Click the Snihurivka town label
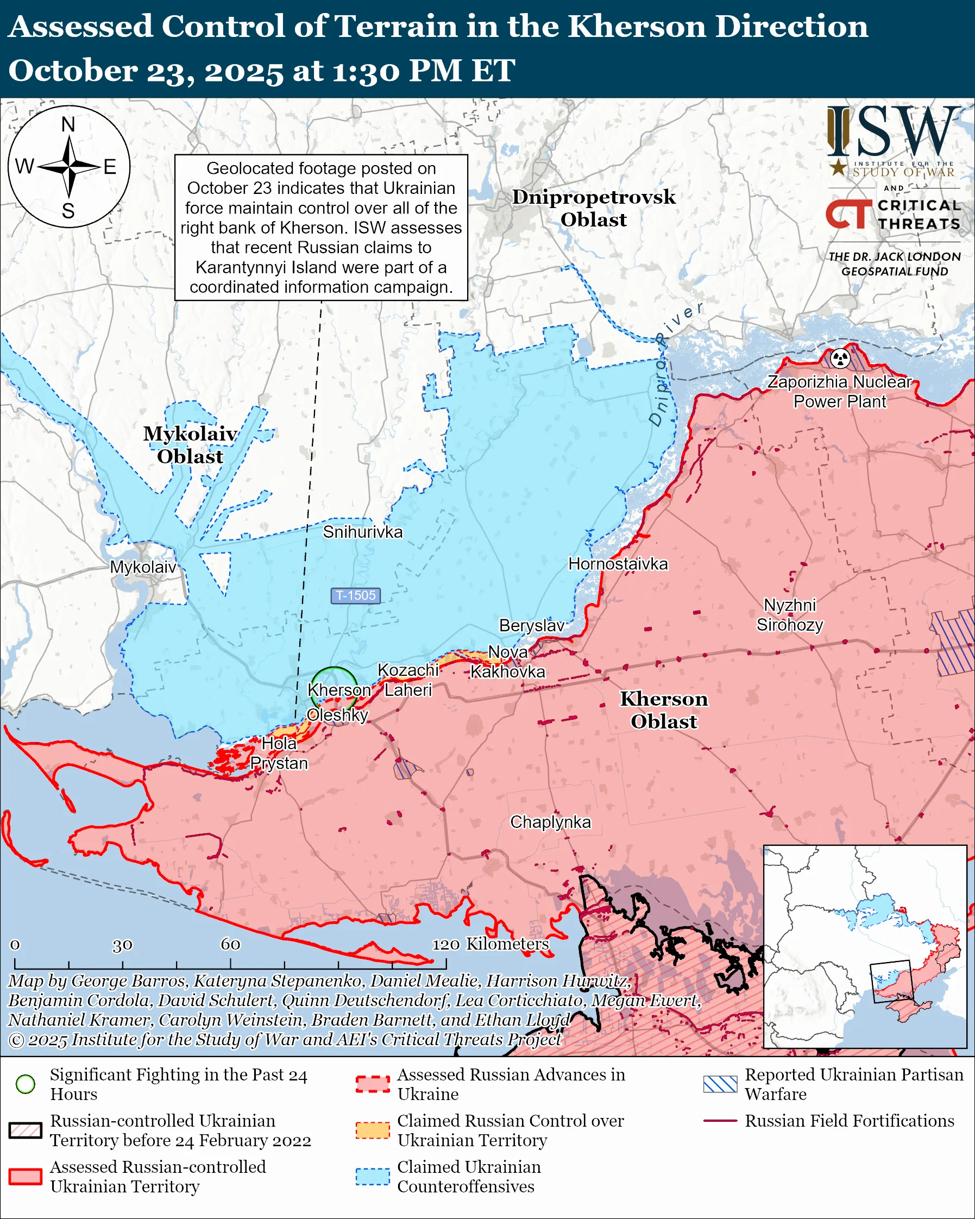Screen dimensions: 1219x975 point(362,532)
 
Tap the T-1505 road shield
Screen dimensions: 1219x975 point(356,595)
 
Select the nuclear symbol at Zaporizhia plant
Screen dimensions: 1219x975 point(840,357)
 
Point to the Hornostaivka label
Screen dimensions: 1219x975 point(618,564)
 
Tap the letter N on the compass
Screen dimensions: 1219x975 point(68,124)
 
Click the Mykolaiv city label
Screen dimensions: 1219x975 point(143,567)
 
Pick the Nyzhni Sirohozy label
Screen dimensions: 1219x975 point(790,615)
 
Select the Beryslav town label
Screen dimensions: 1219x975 point(531,625)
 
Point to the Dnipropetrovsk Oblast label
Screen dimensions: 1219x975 point(594,208)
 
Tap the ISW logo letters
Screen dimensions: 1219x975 point(893,133)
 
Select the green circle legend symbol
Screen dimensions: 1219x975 point(26,1084)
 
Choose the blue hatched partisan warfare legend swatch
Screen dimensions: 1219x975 point(720,1084)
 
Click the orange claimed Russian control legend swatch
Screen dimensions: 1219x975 point(373,1131)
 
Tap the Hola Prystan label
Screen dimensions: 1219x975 point(279,753)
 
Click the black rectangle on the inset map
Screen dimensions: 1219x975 point(892,982)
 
